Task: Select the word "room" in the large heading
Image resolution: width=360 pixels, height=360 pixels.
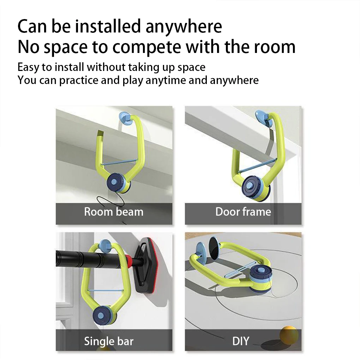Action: pos(275,47)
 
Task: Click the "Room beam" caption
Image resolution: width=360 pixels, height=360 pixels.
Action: pos(114,212)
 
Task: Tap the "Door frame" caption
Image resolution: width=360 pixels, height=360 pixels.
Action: pos(243,212)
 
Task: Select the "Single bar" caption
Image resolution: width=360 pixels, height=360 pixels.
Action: pos(109,341)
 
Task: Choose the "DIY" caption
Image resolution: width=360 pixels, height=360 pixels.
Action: pos(241,341)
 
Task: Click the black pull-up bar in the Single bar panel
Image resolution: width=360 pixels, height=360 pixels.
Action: pos(90,259)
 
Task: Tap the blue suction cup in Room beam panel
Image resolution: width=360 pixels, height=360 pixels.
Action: pos(125,118)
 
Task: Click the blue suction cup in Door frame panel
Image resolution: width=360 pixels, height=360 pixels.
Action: pos(263,118)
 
